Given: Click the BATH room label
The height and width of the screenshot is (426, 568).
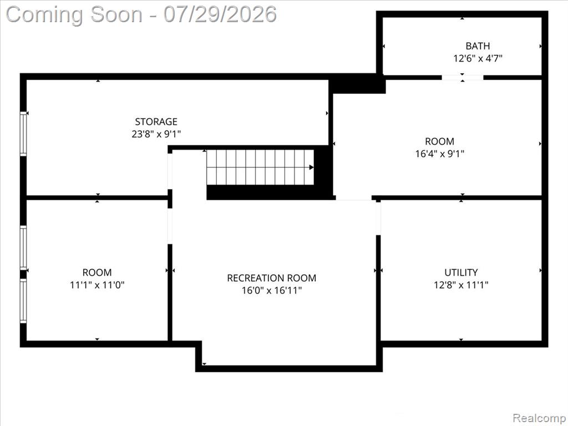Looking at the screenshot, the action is [x=478, y=46].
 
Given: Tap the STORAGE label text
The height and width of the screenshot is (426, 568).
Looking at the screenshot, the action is [x=156, y=121].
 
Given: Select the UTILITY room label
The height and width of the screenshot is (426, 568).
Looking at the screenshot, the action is [x=461, y=272].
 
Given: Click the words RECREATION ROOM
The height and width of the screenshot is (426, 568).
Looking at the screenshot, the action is [x=271, y=278].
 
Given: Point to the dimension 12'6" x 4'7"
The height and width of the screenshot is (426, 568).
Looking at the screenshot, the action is [x=478, y=58].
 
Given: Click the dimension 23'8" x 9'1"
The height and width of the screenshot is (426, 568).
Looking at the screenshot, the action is [x=156, y=134].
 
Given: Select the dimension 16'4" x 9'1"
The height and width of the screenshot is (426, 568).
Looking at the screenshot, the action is [x=439, y=154].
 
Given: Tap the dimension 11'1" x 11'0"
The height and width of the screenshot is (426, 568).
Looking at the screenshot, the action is [x=97, y=285].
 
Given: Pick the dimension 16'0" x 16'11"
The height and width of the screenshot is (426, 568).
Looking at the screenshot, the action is [x=271, y=290].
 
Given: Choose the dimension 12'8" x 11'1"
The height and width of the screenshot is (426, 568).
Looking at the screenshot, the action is [x=461, y=285].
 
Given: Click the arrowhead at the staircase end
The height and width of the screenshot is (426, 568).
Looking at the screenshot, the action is [x=311, y=167].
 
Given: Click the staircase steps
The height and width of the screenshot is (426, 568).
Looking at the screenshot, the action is [x=260, y=167].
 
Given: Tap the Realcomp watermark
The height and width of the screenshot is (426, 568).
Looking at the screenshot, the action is [x=538, y=418].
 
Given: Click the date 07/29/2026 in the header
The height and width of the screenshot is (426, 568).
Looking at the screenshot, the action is [x=220, y=14].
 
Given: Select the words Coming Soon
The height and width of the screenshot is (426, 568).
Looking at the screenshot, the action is [x=74, y=15].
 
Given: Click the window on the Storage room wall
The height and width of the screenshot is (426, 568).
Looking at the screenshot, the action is [x=23, y=134].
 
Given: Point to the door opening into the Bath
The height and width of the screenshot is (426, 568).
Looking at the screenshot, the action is [x=462, y=77].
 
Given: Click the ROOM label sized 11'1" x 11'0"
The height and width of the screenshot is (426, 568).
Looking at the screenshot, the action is [x=97, y=272].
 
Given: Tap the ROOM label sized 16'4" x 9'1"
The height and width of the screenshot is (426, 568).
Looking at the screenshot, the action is [x=439, y=141].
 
